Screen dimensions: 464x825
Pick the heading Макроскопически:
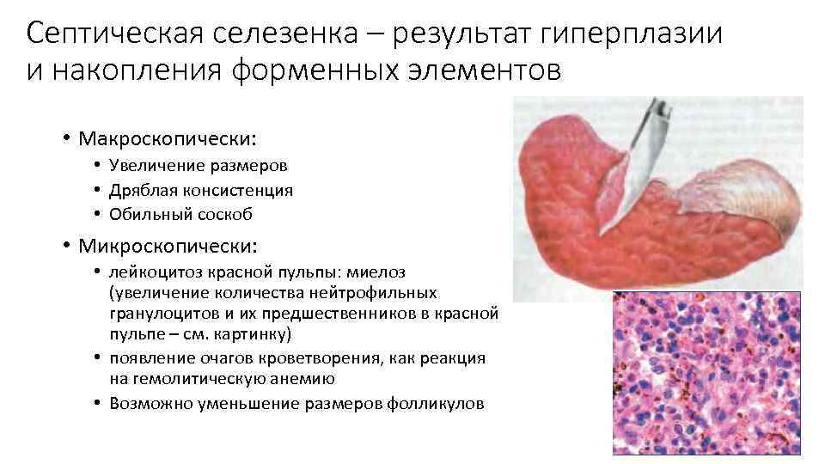point(168,137)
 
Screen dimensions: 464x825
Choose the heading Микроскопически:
point(167,247)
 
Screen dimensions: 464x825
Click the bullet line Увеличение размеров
point(199,166)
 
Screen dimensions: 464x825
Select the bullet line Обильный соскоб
point(180,214)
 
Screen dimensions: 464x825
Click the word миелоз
point(375,272)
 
